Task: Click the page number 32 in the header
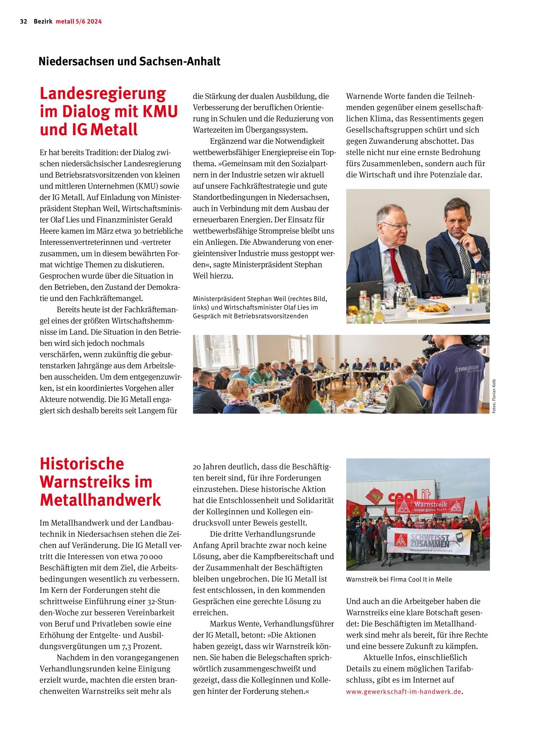click(23, 22)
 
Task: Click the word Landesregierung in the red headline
click(102, 93)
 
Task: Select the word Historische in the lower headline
click(82, 463)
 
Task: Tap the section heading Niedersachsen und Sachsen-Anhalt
click(129, 61)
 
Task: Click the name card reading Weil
click(468, 310)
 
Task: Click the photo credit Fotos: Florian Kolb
click(494, 396)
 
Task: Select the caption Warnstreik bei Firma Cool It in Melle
click(399, 579)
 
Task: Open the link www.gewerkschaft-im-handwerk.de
click(403, 691)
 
